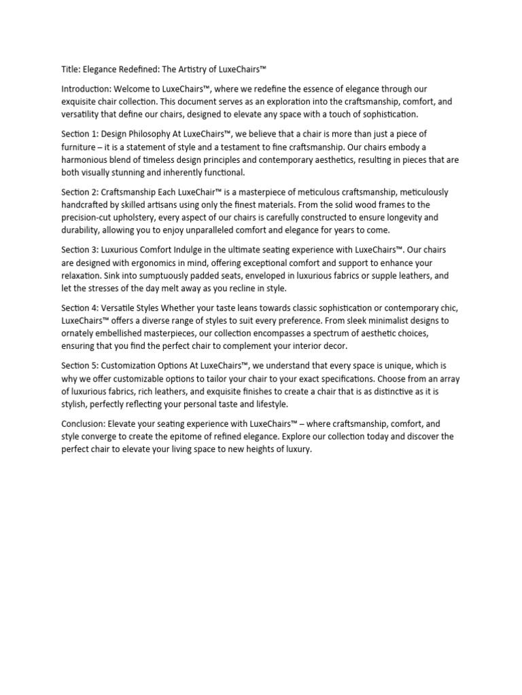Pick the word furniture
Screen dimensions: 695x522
coord(80,147)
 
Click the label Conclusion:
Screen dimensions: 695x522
coord(82,424)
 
